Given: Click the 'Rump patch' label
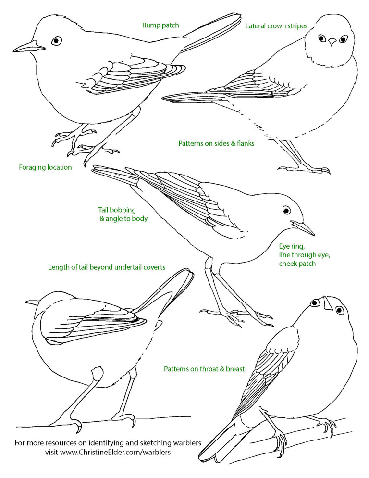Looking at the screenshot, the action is pos(160,25).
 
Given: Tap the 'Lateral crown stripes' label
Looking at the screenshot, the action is pos(276,26).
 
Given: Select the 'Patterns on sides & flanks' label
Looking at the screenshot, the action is pos(216,143).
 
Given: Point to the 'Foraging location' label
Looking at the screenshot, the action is pos(45,167).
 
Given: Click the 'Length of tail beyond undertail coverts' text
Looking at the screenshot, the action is pos(107,267).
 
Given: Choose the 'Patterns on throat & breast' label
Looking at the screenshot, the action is pos(204,369).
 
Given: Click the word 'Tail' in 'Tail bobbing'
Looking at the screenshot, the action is pos(103,210).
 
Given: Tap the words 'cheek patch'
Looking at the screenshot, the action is pos(297,264).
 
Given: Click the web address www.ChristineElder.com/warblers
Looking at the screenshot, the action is pos(115,452).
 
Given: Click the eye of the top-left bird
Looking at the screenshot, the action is pos(57,40).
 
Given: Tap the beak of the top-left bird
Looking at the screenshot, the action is pos(29,47).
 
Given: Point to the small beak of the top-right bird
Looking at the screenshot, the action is pos(332,42).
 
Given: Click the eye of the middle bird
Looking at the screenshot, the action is pos(286,210).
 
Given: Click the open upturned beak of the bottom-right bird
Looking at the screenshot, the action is pos(327,303).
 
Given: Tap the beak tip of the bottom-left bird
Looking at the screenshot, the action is pos(26,302).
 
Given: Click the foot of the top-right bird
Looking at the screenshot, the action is pos(305,169).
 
